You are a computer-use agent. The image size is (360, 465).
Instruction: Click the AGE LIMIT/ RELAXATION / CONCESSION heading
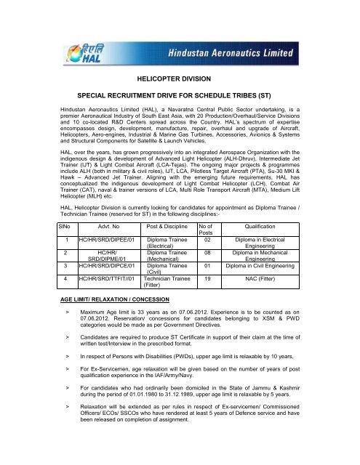tap(110, 320)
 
